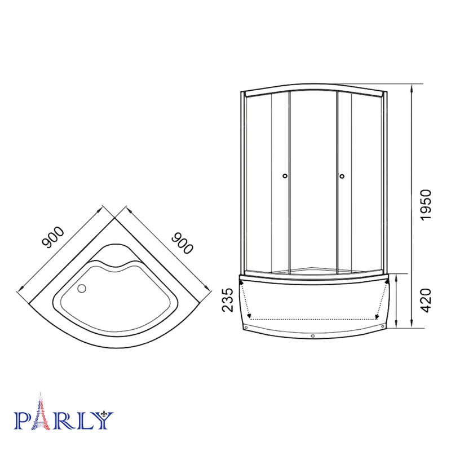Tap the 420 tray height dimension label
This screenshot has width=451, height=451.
point(426,300)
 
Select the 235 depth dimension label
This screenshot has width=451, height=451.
point(228,300)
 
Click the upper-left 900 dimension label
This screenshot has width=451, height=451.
point(52,237)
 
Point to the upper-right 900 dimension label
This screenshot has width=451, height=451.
point(182,243)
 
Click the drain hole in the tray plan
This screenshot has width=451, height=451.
point(82,288)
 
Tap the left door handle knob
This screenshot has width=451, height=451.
point(285,176)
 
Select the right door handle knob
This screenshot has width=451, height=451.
point(342,176)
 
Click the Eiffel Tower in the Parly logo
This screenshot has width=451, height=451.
point(41,412)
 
